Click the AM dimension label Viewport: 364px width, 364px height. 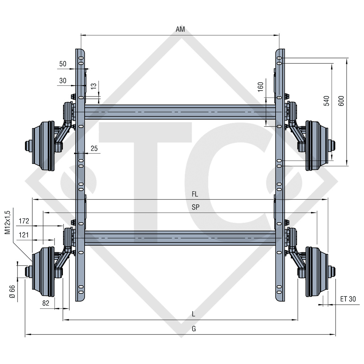pos(180,30)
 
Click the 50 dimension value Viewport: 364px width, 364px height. pos(63,64)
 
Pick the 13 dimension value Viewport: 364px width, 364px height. pos(93,86)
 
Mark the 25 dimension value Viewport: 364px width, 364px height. pos(94,148)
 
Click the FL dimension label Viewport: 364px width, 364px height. pos(194,194)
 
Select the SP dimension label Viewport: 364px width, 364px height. pos(196,208)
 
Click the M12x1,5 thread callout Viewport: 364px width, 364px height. pos(8,222)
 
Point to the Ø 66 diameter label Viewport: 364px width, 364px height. pos(12,291)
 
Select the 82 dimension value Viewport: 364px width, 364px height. pos(45,303)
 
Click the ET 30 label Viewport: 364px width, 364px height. pos(347,299)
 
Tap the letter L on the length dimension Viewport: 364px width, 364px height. pos(193,314)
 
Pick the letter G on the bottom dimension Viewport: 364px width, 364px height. pos(194,329)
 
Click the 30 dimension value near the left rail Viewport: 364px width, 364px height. pos(63,81)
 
